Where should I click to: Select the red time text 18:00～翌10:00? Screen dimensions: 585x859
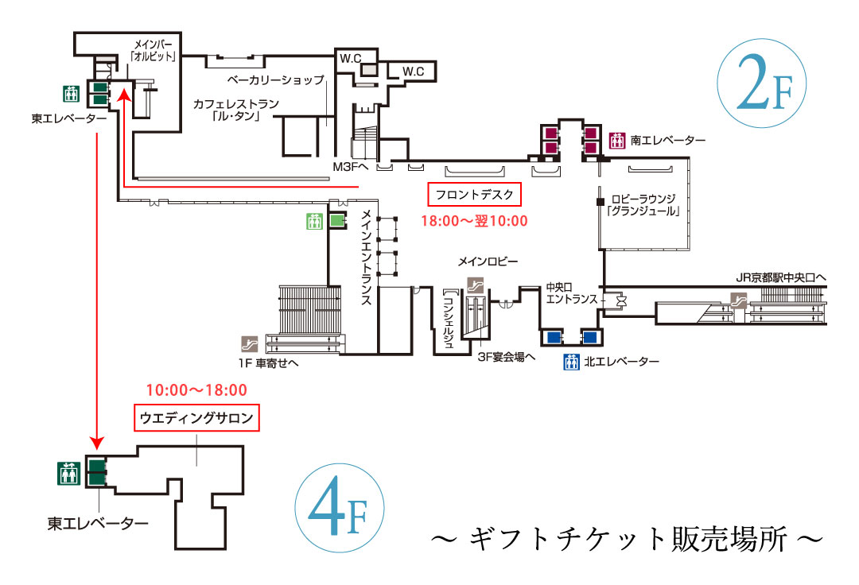click(x=475, y=222)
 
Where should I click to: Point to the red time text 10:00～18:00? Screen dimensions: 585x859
click(x=196, y=390)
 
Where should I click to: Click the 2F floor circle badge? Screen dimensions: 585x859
click(x=761, y=84)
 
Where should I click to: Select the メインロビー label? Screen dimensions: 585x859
click(x=488, y=262)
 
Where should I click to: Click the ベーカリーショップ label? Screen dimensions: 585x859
click(x=275, y=80)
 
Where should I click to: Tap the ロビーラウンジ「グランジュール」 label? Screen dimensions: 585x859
click(x=643, y=206)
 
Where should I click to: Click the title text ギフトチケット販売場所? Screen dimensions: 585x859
click(x=625, y=540)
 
